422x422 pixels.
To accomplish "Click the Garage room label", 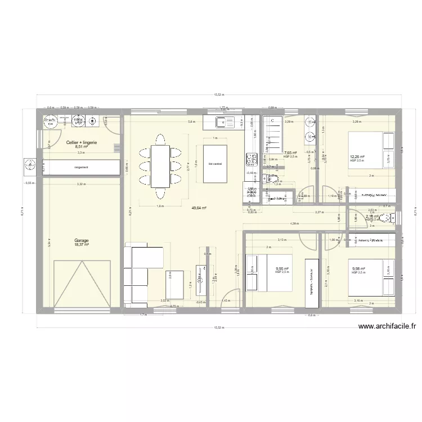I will coord(81,240).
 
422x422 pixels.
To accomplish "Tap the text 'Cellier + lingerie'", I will coord(81,143).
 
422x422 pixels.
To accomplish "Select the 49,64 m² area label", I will coord(199,208).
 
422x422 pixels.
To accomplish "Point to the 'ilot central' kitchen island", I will coord(214,164).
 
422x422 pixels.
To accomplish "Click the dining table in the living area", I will coord(160,166).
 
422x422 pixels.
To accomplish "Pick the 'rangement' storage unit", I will coord(81,167).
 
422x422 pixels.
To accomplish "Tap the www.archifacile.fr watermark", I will coord(387,326).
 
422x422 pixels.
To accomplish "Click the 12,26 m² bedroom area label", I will coord(357,157).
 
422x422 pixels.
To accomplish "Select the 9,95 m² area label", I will coord(282,269).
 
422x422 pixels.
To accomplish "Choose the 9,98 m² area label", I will coord(358,269).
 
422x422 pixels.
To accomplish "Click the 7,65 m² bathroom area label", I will coord(290,152).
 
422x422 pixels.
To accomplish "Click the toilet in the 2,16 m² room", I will coord(392,218).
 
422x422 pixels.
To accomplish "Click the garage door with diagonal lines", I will coord(87,284).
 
